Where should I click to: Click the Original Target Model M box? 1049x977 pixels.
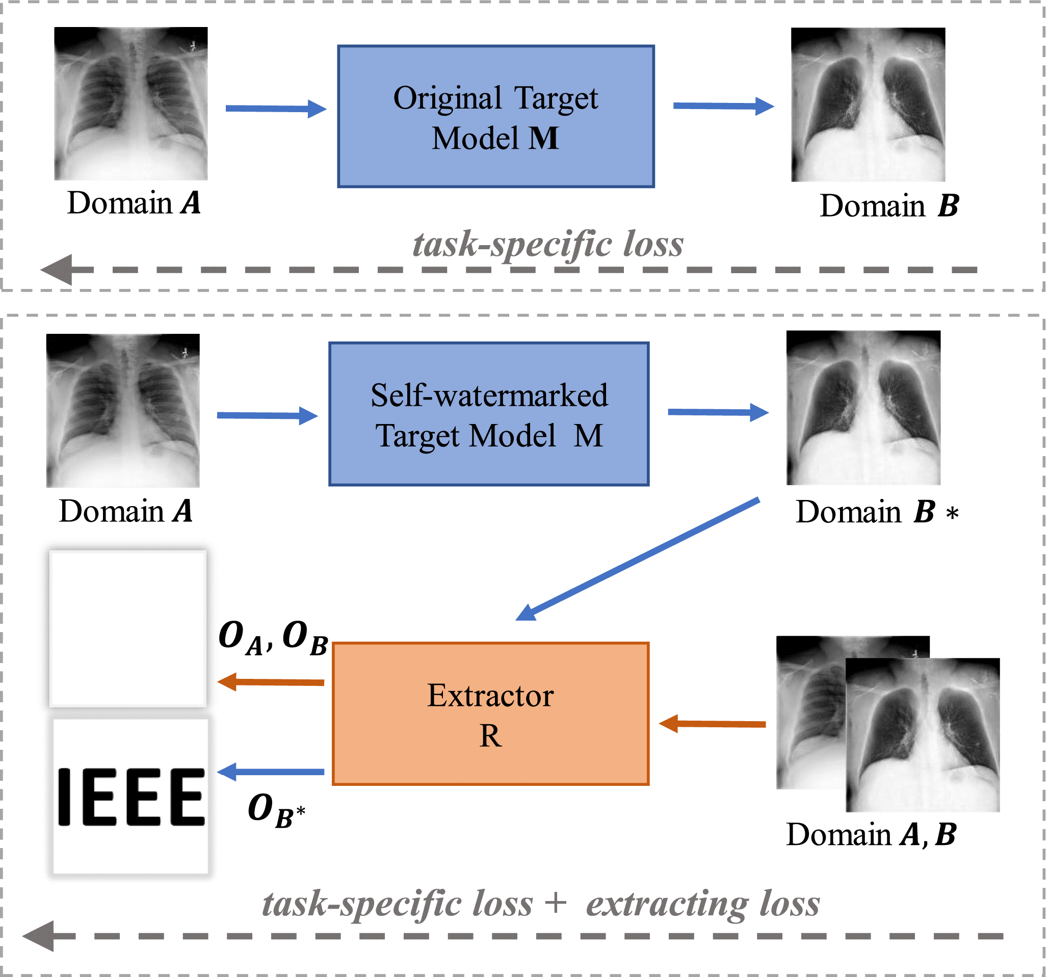pyautogui.click(x=495, y=117)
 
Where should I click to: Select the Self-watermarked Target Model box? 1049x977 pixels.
pyautogui.click(x=489, y=414)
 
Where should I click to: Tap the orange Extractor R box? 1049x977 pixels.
pyautogui.click(x=490, y=714)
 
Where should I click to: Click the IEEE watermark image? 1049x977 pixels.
pyautogui.click(x=131, y=797)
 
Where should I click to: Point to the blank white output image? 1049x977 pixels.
pyautogui.click(x=128, y=628)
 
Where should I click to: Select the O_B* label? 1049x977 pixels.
pyautogui.click(x=276, y=810)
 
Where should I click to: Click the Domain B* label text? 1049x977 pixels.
pyautogui.click(x=876, y=512)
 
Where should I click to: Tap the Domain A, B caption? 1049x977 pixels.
pyautogui.click(x=871, y=835)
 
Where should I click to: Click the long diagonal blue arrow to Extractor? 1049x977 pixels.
pyautogui.click(x=639, y=559)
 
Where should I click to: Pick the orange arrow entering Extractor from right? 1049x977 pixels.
pyautogui.click(x=713, y=724)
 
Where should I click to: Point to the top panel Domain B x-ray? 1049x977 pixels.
pyautogui.click(x=868, y=104)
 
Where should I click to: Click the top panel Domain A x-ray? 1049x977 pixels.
pyautogui.click(x=131, y=103)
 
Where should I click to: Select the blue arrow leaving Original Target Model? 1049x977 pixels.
pyautogui.click(x=723, y=106)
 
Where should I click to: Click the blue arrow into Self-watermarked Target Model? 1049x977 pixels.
pyautogui.click(x=267, y=416)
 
